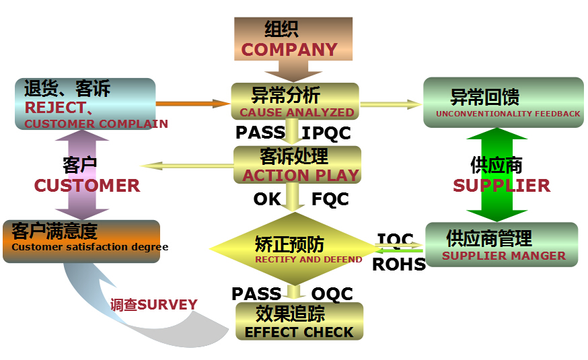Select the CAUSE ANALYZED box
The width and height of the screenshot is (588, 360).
tap(295, 102)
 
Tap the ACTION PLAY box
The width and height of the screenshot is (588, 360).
tap(297, 165)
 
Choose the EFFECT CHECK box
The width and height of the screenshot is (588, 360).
tap(299, 322)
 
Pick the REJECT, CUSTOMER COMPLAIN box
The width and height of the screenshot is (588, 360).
tap(85, 104)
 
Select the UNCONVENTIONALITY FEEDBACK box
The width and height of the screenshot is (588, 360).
tap(503, 102)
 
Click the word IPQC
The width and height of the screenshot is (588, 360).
tap(326, 133)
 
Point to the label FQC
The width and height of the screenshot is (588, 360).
tap(330, 199)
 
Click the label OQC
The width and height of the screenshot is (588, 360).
tap(331, 293)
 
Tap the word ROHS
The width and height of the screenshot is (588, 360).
tap(399, 264)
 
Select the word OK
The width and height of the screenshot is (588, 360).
tap(266, 199)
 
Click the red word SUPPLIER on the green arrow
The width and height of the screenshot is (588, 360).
tap(501, 185)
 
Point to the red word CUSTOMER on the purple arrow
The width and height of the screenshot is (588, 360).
tap(87, 185)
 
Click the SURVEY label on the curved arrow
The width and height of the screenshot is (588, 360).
tap(154, 305)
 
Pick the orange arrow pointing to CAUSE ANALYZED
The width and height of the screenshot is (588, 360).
tap(192, 104)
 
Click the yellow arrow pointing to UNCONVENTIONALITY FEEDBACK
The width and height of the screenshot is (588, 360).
tap(391, 104)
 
